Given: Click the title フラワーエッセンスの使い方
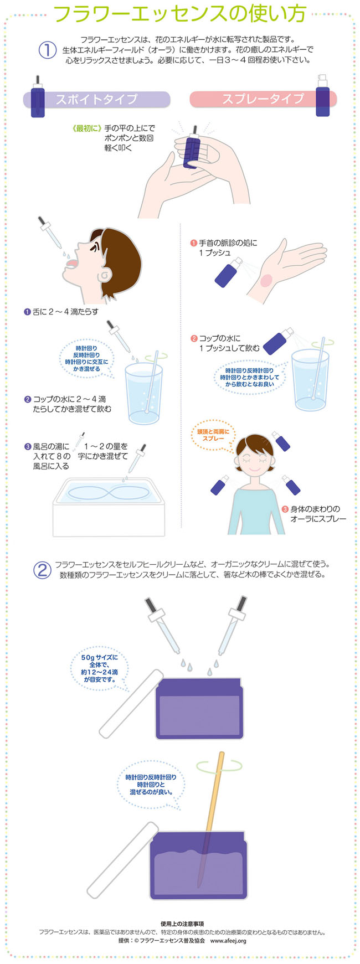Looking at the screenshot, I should coord(180,15).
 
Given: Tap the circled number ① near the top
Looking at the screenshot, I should coord(47,50).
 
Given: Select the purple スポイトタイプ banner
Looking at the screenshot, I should coord(96,100).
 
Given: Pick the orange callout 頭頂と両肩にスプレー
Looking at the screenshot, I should coord(213,435).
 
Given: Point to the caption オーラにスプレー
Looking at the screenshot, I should coord(318,519).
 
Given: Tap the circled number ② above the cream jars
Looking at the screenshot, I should coord(42,570).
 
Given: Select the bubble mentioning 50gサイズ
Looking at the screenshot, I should coord(99,668).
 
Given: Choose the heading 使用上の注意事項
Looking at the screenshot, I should coord(182,924).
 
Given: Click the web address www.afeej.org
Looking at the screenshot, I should coord(228,940).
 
